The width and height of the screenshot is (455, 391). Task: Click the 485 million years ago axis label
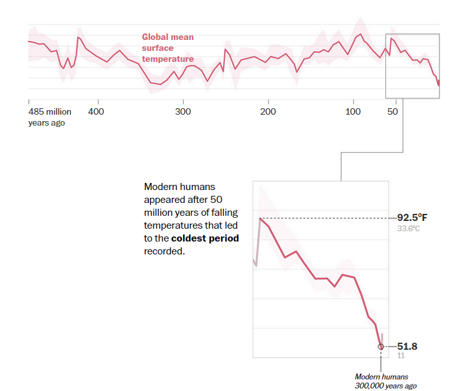coord(50,117)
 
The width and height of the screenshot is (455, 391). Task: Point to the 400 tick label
coord(96,111)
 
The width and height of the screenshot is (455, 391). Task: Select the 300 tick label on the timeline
coord(183,111)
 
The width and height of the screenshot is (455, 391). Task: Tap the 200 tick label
coord(268,111)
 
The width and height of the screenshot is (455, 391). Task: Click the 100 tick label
coord(353,111)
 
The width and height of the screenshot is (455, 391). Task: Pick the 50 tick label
coord(392,111)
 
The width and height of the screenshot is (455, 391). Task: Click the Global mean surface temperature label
coord(168,48)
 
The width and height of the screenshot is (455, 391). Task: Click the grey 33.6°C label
coord(409,229)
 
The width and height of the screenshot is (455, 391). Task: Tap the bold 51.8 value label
coord(407,347)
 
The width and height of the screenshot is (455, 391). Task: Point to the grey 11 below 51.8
coord(400,356)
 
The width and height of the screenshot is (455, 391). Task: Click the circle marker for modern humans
coord(381,347)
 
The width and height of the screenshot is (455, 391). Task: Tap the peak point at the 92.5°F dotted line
coord(260,218)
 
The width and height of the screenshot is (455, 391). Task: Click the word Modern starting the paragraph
coord(160,186)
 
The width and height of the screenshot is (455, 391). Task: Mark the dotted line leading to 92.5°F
coord(322,218)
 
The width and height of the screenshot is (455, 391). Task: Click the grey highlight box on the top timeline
coord(412,66)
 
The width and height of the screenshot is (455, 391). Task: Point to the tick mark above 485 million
coord(29,102)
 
